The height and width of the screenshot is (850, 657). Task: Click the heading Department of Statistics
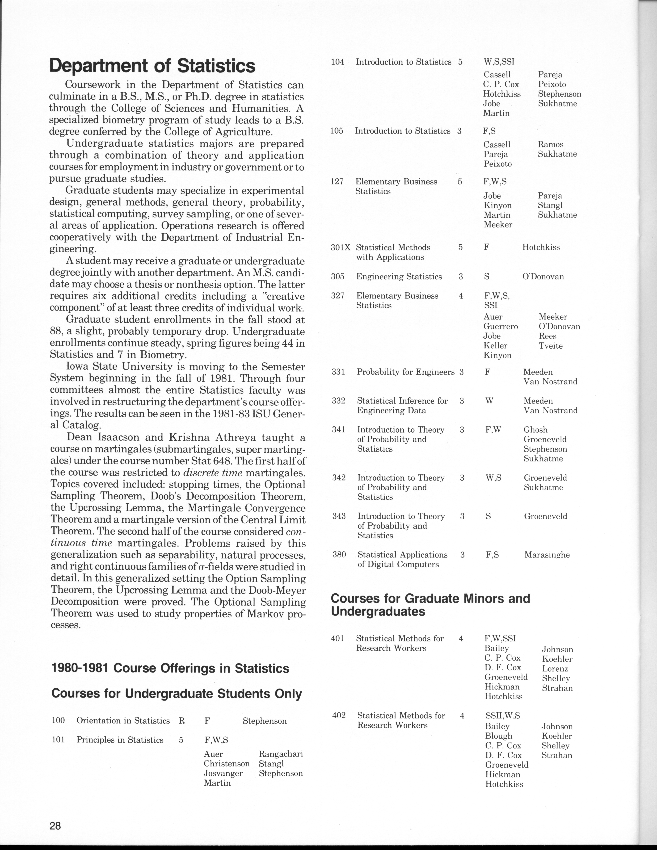click(x=152, y=66)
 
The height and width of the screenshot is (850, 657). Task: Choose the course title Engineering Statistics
click(x=399, y=277)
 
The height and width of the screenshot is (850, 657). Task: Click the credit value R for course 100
click(x=181, y=721)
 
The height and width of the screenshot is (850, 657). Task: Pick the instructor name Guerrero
click(x=500, y=326)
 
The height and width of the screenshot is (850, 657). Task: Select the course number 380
click(x=339, y=555)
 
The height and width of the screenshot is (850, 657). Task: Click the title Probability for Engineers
click(x=406, y=372)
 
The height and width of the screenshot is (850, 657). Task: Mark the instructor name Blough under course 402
click(x=499, y=736)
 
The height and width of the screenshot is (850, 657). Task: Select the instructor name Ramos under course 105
click(x=550, y=144)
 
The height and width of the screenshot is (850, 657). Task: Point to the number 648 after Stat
click(x=227, y=461)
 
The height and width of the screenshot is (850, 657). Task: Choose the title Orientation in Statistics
click(x=123, y=721)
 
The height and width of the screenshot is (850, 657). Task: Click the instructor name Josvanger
click(x=223, y=773)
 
